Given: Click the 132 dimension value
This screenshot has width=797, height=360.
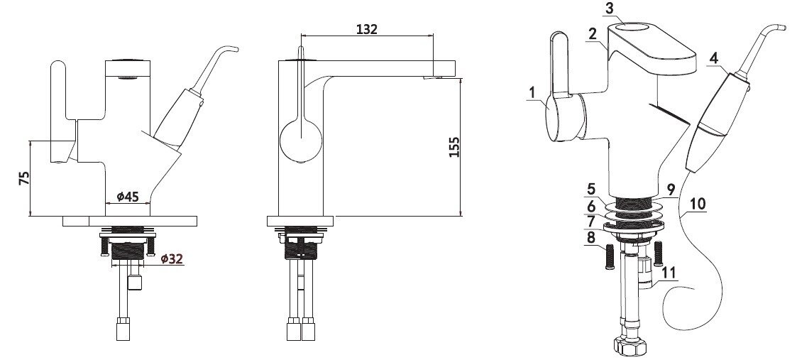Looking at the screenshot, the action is coord(367,29).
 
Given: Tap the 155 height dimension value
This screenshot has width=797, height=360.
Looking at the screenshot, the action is coord(454,147).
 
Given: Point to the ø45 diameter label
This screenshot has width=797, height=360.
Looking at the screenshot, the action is coord(128,196).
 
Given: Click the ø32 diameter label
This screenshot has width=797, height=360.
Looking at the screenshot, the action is coord(172,258).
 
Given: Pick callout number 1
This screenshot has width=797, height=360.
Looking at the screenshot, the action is coord(532,92).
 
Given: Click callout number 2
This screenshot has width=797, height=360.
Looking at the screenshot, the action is coord(592,34).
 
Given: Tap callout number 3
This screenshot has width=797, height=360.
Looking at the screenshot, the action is coord(610,9).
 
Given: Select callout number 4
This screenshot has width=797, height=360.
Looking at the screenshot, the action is coord(714,58).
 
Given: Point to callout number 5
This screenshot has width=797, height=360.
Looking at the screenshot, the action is coord(590,189).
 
